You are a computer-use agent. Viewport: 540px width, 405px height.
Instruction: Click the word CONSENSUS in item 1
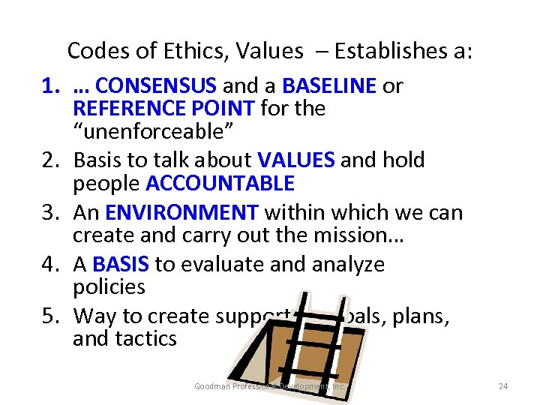(x=157, y=86)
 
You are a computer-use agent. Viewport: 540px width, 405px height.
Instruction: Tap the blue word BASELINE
(x=329, y=86)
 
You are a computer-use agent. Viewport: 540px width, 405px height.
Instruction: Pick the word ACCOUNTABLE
(x=220, y=183)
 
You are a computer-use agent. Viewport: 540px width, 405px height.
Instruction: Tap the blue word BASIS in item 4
(x=121, y=264)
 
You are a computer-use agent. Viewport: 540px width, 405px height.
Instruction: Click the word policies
(x=109, y=286)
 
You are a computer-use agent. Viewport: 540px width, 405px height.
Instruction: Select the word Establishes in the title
(x=392, y=51)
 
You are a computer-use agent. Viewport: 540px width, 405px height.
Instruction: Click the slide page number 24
(x=503, y=386)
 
